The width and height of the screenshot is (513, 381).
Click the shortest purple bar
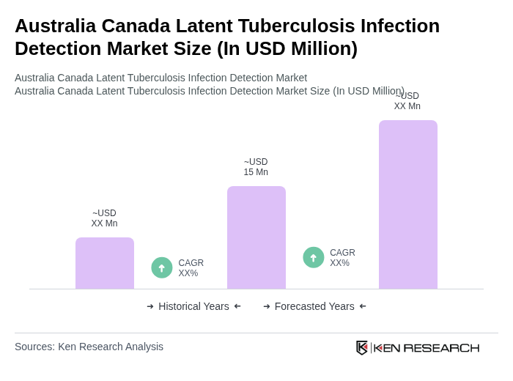click(x=105, y=263)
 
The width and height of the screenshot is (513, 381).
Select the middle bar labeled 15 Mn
click(x=256, y=237)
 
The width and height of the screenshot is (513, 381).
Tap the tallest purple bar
click(x=407, y=204)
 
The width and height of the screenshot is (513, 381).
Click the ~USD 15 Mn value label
click(x=256, y=167)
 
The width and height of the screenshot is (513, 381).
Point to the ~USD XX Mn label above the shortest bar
click(x=104, y=218)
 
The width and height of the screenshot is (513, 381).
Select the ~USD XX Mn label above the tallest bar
click(x=407, y=101)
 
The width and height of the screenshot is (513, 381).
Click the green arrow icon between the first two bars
click(x=162, y=267)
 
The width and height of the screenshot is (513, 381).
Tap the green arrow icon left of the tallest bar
click(x=314, y=257)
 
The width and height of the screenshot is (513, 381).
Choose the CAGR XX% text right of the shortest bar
click(x=191, y=268)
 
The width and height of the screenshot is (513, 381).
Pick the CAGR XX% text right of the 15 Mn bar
click(x=342, y=258)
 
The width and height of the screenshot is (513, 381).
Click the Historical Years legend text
click(x=193, y=306)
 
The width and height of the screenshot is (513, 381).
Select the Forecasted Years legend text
click(x=314, y=306)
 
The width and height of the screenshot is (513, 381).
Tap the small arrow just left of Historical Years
click(x=150, y=306)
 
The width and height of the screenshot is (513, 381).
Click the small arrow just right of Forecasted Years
click(x=363, y=306)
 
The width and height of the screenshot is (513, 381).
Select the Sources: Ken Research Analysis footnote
click(x=89, y=347)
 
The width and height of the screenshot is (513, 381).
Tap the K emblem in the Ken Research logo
click(x=362, y=347)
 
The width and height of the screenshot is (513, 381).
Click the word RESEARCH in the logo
click(x=441, y=347)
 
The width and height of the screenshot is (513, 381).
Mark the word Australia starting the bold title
click(x=55, y=26)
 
